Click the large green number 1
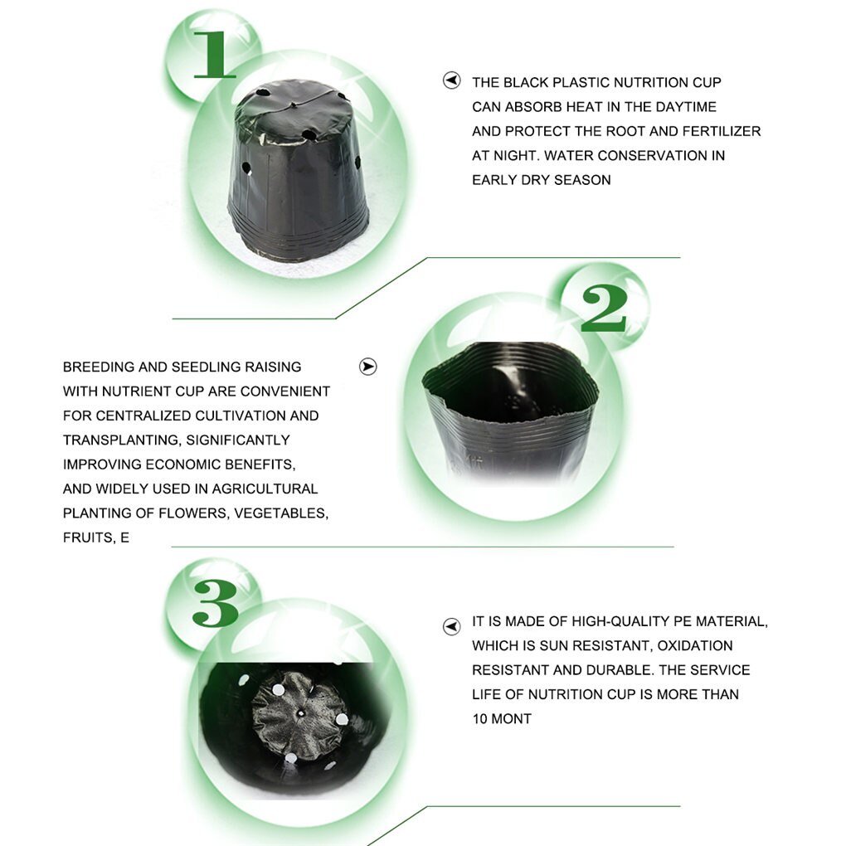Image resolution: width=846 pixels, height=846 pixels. pos(215,54)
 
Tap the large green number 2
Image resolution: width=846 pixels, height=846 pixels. pos(604,308)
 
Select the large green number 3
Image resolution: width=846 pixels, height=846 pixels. pos(216,603)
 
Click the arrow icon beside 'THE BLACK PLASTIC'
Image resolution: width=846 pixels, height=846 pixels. pos(451,80)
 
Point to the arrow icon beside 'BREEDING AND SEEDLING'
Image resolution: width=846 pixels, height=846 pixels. pos(368,367)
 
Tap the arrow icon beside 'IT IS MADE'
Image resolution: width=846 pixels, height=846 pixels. pos(451,626)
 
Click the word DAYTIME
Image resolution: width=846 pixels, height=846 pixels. pos(686,107)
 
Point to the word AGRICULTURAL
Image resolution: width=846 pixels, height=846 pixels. pos(265,489)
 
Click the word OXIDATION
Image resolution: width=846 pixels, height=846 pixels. pos(695,646)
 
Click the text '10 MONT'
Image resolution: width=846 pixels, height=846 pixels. pos(502,718)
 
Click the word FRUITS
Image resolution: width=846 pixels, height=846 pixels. pos(88,538)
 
